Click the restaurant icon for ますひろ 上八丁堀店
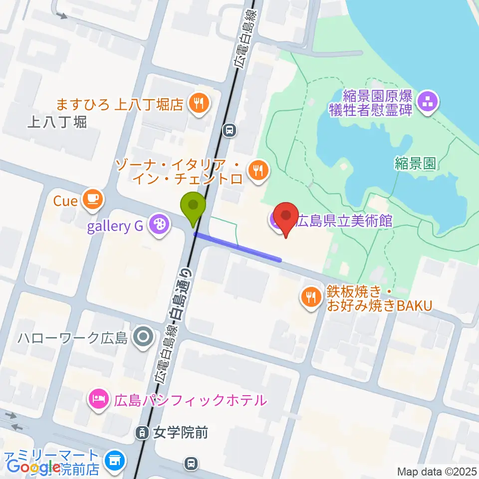click(199, 104)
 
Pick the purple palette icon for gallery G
click(159, 226)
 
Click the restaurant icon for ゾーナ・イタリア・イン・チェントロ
click(258, 171)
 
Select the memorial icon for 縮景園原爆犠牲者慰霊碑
click(428, 103)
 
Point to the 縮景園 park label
click(415, 163)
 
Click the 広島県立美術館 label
click(344, 221)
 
